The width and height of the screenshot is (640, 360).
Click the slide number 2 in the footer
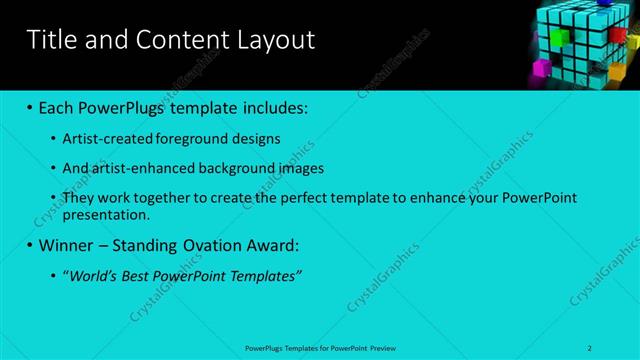pos(590,347)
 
